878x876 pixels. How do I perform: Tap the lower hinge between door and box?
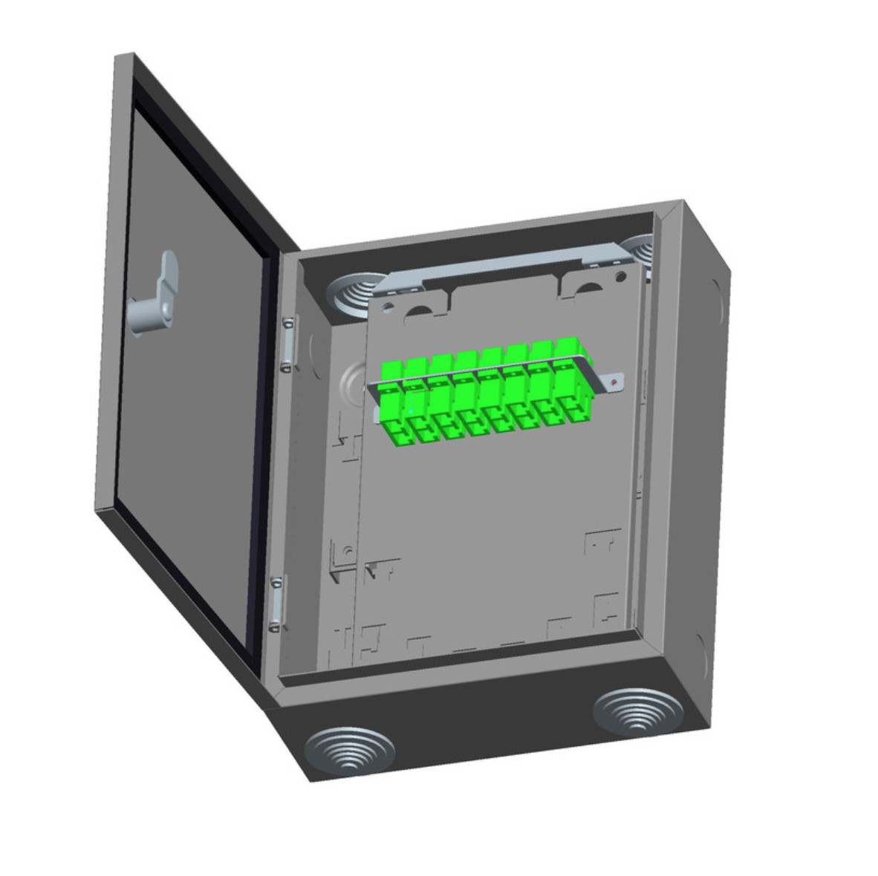(x=276, y=601)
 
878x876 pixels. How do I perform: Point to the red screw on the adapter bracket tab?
(x=614, y=382)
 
